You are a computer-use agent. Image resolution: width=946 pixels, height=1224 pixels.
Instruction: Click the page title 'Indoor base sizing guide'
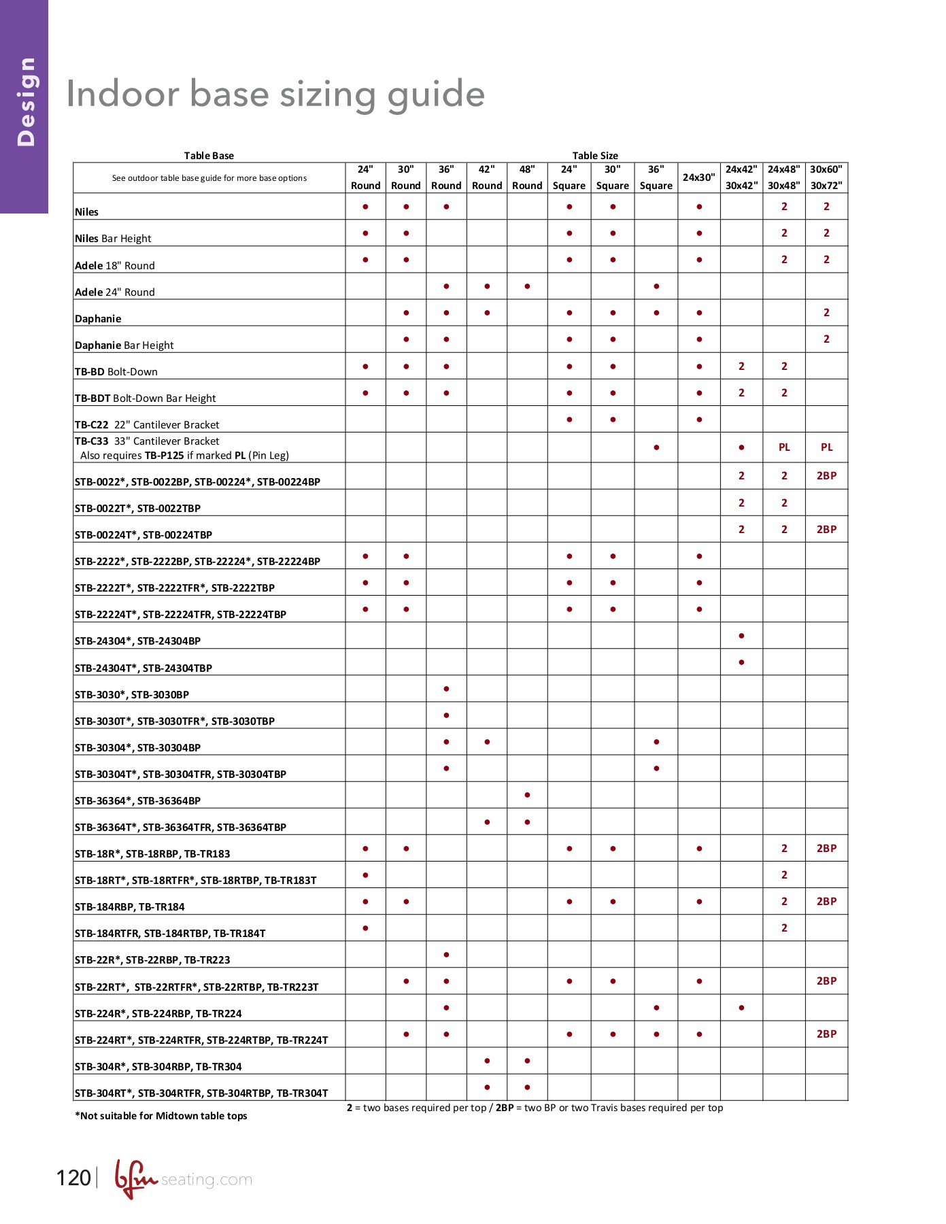[275, 94]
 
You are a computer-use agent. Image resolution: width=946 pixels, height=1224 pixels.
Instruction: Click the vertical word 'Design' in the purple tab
[26, 102]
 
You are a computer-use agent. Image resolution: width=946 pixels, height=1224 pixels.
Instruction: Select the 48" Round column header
[527, 177]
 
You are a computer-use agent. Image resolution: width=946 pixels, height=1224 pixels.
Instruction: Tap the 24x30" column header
[698, 177]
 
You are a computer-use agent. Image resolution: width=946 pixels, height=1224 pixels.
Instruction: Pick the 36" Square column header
[656, 177]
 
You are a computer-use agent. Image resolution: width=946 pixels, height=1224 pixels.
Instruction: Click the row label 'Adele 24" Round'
[115, 292]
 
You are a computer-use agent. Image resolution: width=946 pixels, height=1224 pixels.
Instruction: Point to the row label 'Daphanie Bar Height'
[124, 345]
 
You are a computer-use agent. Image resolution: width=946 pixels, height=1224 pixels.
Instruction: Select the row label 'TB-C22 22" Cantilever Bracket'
[147, 425]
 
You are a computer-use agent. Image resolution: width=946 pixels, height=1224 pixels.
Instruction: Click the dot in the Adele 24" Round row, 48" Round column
[527, 286]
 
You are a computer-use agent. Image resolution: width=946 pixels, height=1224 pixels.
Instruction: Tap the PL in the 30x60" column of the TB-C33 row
[826, 447]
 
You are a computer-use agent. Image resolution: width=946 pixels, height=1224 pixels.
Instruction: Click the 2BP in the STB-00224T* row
[826, 530]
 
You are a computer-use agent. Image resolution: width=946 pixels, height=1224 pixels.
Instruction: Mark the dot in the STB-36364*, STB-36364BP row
[527, 795]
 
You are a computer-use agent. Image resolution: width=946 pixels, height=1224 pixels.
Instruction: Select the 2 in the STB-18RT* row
[784, 875]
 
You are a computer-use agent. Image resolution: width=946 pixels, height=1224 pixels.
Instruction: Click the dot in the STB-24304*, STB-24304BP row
[741, 636]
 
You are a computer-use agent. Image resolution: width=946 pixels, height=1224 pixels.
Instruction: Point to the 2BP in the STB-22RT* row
[826, 981]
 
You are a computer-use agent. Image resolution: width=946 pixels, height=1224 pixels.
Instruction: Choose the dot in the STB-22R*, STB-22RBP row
[446, 955]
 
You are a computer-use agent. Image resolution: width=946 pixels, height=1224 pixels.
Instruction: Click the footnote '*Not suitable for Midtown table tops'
[161, 1116]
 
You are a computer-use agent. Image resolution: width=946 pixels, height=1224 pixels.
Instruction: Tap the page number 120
[73, 1178]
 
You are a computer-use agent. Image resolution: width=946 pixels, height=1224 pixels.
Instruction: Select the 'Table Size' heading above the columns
[594, 156]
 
